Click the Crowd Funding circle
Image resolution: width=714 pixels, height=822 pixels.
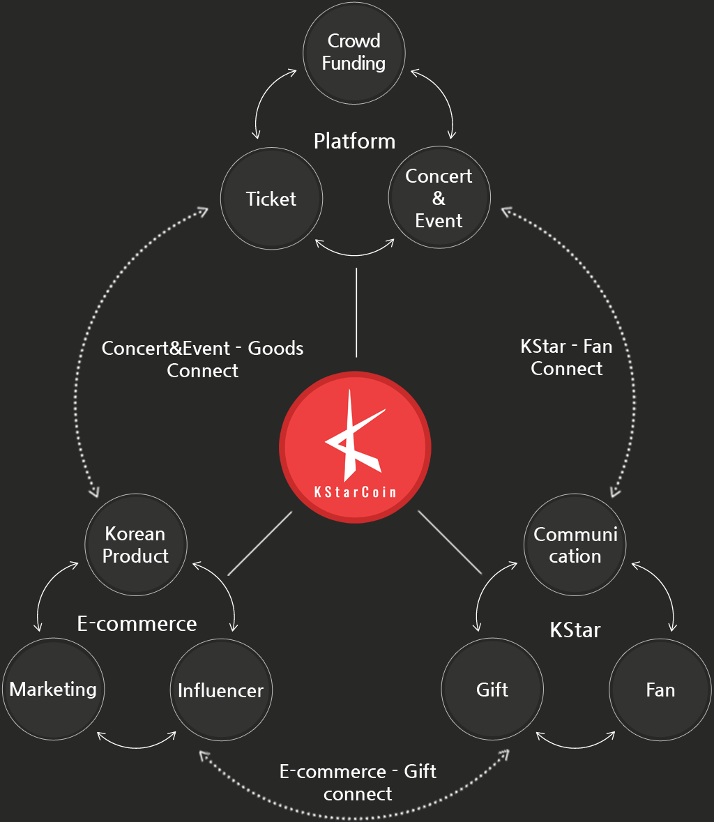point(354,53)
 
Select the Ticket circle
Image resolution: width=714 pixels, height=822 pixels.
point(271,198)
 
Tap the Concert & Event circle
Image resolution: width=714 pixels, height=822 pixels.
point(439,197)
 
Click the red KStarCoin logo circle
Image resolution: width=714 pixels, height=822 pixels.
point(355,447)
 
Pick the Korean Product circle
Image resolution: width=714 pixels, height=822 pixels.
point(136,545)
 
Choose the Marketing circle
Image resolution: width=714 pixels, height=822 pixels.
point(54,689)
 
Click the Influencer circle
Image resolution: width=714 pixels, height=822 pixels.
point(221,690)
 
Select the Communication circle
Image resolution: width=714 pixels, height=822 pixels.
point(575,545)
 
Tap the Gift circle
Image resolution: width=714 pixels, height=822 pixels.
point(492,689)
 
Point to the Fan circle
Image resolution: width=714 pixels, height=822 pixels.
point(660,690)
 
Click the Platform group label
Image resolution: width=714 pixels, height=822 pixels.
point(354,142)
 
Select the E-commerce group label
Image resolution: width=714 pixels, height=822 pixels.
point(137,623)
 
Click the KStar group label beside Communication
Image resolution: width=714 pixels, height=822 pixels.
point(575,630)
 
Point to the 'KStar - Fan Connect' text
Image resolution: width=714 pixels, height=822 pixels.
point(566,358)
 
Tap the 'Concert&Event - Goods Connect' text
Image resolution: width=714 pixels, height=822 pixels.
point(202,359)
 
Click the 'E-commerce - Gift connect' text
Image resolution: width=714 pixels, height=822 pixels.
point(358,783)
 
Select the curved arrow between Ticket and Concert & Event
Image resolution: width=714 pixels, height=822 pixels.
point(355,255)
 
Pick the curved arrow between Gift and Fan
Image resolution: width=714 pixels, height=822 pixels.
point(576,747)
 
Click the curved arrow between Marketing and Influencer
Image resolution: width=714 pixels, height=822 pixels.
point(137,747)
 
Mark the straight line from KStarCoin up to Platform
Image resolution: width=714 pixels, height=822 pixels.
point(356,312)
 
